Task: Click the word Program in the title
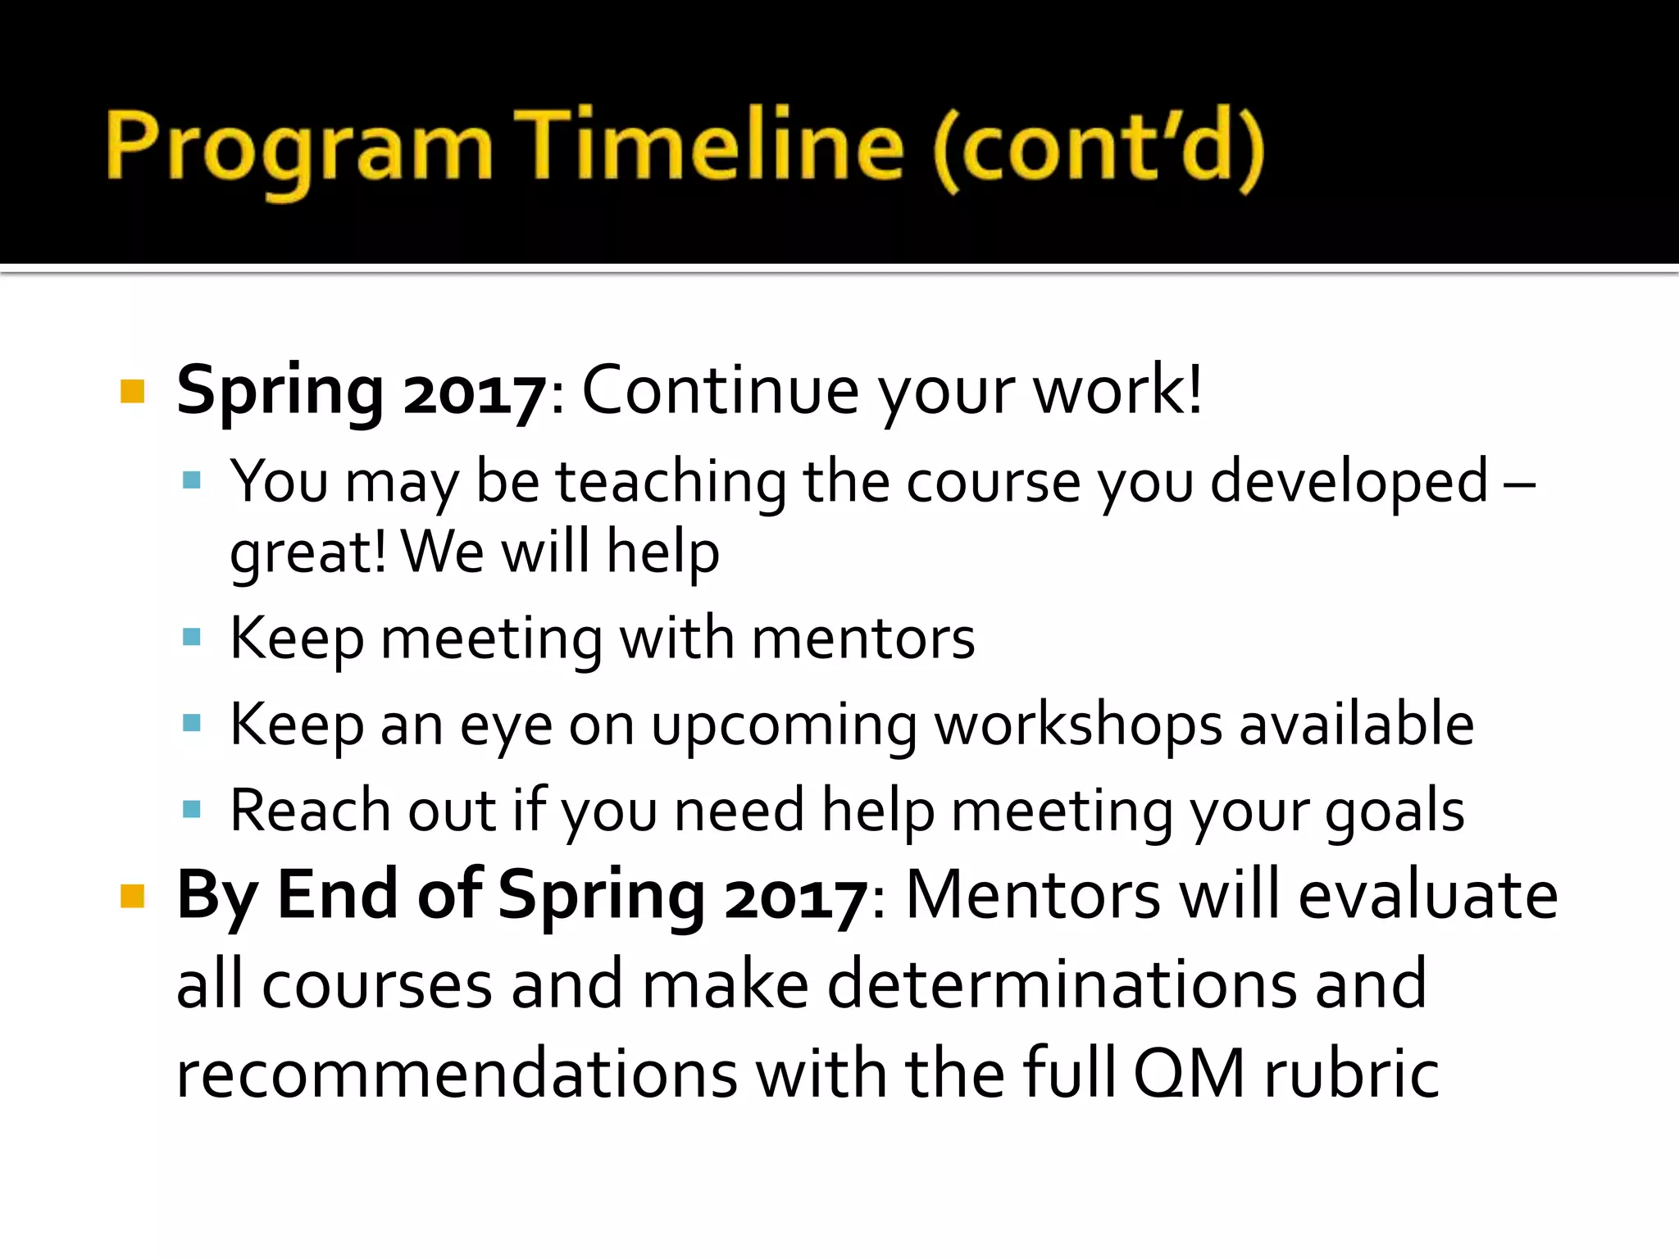[x=299, y=148]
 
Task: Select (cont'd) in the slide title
[x=1099, y=148]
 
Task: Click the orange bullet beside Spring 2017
[x=133, y=391]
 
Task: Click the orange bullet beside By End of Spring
[x=133, y=896]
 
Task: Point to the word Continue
[x=720, y=391]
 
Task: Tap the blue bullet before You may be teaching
[x=192, y=480]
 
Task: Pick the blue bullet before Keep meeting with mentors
[x=192, y=637]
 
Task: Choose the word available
[x=1356, y=725]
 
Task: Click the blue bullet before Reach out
[x=192, y=810]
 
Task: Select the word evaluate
[x=1428, y=896]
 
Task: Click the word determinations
[x=1062, y=985]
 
